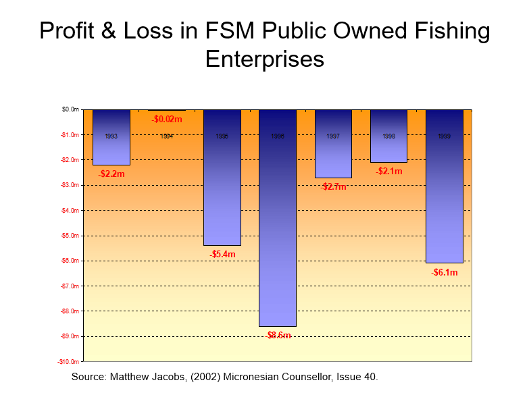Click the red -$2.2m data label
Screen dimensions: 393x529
tap(111, 174)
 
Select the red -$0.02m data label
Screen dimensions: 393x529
tap(167, 120)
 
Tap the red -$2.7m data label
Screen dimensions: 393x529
tap(333, 186)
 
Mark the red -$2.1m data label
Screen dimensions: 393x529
tap(389, 172)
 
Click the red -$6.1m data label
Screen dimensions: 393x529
tap(445, 273)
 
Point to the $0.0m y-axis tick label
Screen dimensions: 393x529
tap(70, 109)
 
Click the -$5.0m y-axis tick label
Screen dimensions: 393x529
tap(70, 236)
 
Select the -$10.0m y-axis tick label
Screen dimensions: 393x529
tap(68, 362)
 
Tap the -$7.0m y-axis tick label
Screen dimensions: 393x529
tap(70, 286)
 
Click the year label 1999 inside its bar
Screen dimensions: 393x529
tap(444, 136)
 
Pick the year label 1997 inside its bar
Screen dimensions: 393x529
tap(333, 136)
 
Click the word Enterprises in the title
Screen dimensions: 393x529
tap(264, 59)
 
